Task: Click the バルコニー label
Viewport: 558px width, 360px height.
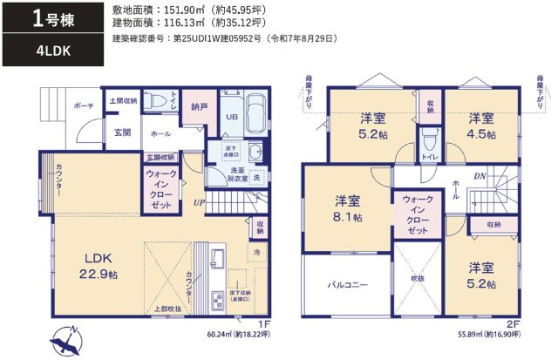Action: click(x=346, y=284)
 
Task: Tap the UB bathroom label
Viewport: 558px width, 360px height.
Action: click(x=232, y=116)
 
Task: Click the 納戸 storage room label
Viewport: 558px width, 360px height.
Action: click(x=199, y=108)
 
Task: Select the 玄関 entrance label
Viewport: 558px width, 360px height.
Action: click(x=122, y=132)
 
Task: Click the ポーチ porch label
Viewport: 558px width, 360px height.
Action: click(x=85, y=105)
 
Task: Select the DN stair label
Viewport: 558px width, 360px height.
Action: click(x=480, y=175)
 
